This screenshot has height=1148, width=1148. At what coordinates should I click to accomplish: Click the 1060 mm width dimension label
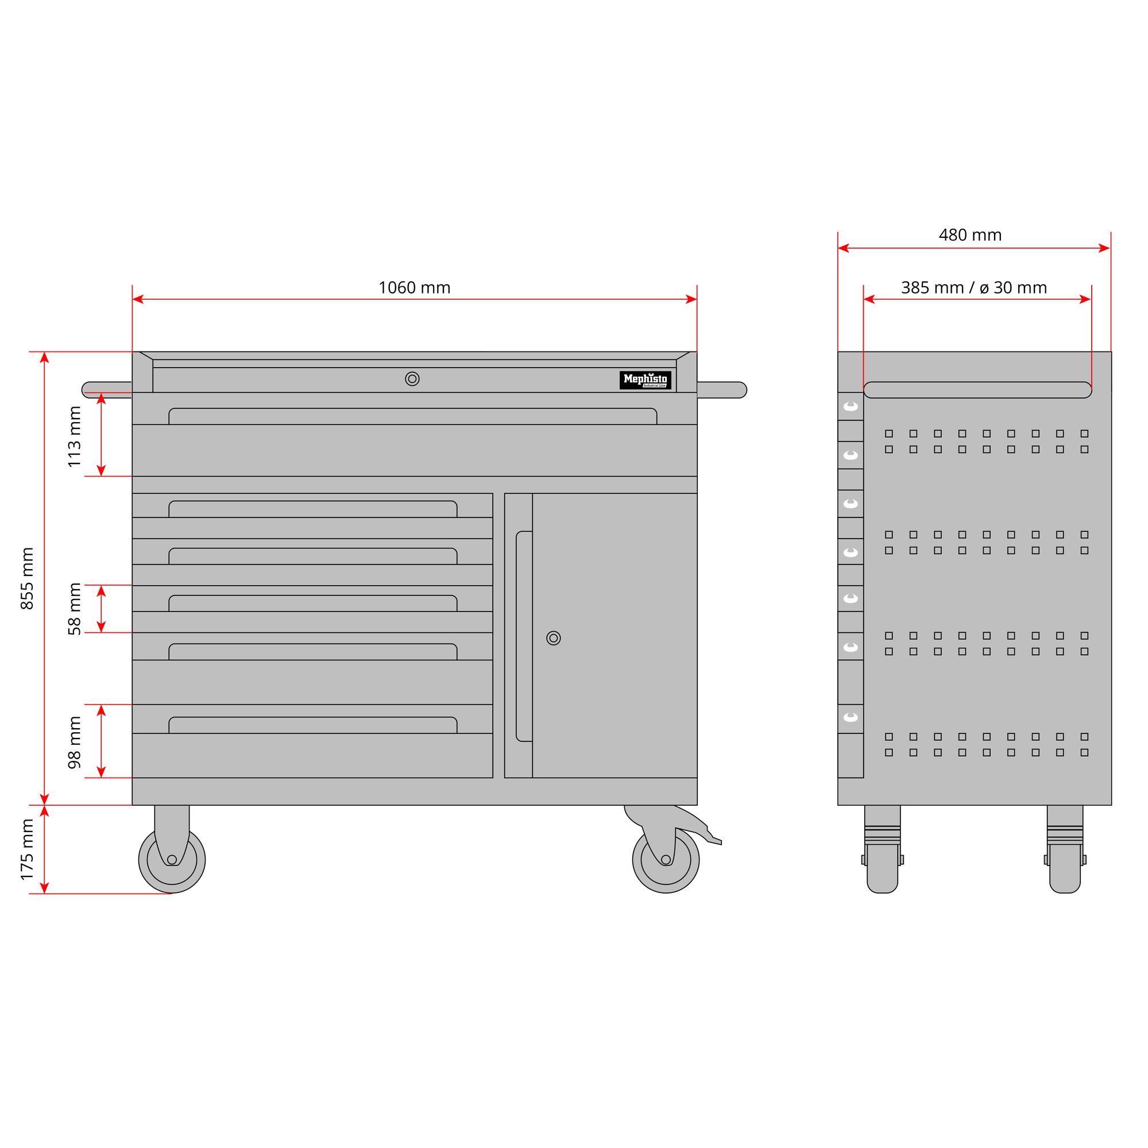414,288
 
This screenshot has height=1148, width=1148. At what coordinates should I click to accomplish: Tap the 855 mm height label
28,578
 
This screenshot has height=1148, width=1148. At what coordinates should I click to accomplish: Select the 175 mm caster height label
28,849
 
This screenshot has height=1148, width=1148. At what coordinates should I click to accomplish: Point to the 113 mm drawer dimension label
74,436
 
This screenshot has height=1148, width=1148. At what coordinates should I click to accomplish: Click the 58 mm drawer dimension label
74,609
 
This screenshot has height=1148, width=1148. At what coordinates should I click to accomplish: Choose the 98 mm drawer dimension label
74,742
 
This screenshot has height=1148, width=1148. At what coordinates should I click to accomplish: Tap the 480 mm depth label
970,235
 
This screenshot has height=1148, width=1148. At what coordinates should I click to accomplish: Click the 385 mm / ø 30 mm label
974,288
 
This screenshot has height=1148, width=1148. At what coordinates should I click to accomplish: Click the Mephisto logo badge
645,380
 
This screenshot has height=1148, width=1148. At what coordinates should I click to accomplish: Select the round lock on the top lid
412,378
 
